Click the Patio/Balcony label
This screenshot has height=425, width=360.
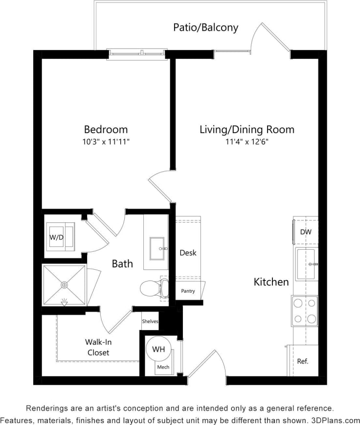tap(205, 27)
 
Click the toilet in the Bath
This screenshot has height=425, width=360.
tap(151, 288)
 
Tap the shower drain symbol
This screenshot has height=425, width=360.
tap(64, 284)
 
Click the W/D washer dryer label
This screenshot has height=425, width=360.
tap(56, 237)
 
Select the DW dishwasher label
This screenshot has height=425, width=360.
tap(306, 232)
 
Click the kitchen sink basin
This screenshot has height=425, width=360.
tap(306, 263)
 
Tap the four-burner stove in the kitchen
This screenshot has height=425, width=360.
tap(304, 311)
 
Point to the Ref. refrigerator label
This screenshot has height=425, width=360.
tap(303, 361)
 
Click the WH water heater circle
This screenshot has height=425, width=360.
tap(158, 350)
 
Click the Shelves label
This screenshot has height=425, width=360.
tap(150, 321)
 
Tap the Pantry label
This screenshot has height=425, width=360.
tap(188, 291)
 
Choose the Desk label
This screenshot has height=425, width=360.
tap(188, 253)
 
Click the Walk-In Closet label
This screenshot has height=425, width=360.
tap(99, 347)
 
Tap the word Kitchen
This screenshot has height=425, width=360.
tap(271, 282)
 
